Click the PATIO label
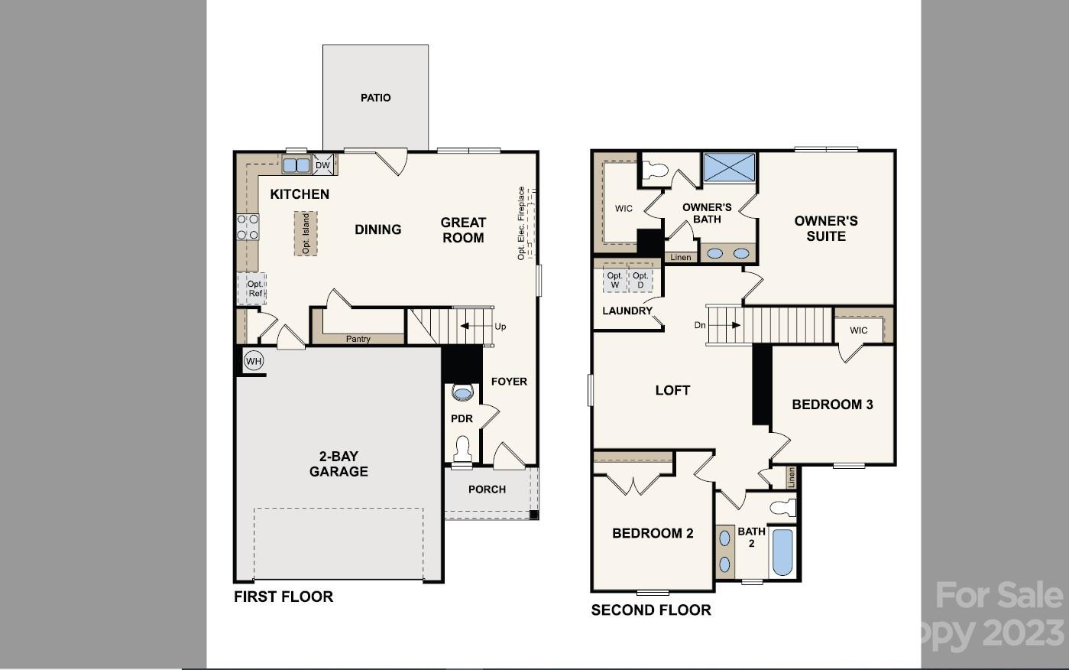pyautogui.click(x=375, y=98)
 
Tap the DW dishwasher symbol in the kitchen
pyautogui.click(x=322, y=165)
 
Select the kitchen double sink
pyautogui.click(x=296, y=165)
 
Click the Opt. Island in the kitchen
pyautogui.click(x=306, y=233)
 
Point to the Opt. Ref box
pyautogui.click(x=254, y=288)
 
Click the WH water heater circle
pyautogui.click(x=253, y=361)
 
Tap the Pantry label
pyautogui.click(x=358, y=339)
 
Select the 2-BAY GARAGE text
pyautogui.click(x=339, y=463)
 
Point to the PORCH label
pyautogui.click(x=487, y=489)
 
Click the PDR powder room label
pyautogui.click(x=462, y=418)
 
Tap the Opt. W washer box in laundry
pyautogui.click(x=614, y=280)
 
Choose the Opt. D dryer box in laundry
pyautogui.click(x=640, y=280)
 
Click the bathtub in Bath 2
pyautogui.click(x=782, y=551)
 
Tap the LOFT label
pyautogui.click(x=672, y=390)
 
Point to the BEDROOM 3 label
pyautogui.click(x=832, y=405)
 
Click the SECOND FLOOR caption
pyautogui.click(x=651, y=610)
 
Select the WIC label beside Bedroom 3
pyautogui.click(x=858, y=330)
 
